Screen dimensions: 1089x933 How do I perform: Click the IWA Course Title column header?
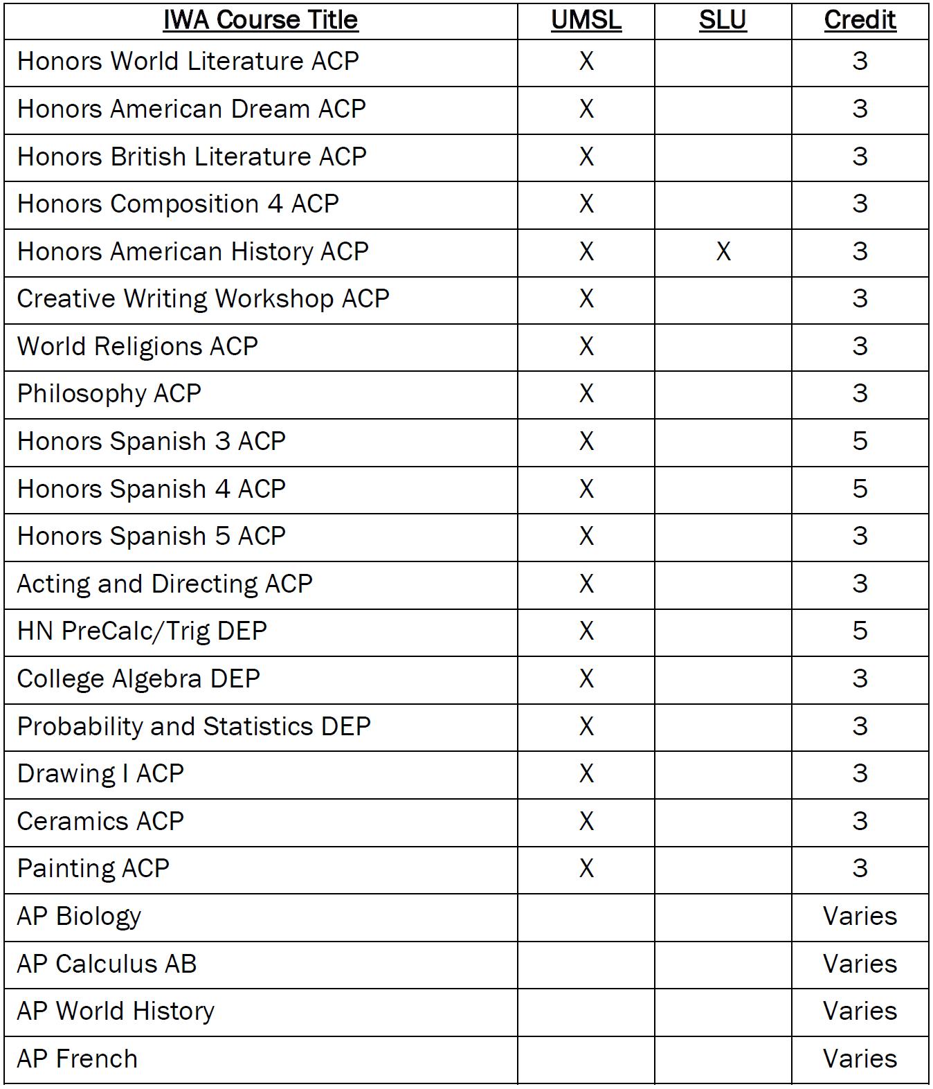click(260, 19)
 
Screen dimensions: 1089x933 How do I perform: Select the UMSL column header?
click(586, 19)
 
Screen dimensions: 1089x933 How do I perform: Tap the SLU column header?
click(722, 19)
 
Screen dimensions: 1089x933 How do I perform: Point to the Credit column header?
click(860, 19)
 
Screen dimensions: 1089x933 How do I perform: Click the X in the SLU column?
click(723, 251)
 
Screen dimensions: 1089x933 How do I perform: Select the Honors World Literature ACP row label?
click(188, 61)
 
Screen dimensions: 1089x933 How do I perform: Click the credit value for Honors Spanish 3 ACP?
click(860, 441)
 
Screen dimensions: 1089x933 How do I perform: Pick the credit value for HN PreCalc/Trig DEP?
click(860, 631)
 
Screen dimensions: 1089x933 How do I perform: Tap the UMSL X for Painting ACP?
click(586, 868)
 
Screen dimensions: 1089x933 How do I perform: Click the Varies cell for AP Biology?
click(860, 916)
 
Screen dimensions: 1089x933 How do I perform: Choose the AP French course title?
click(77, 1059)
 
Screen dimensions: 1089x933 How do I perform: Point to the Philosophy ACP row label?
click(109, 394)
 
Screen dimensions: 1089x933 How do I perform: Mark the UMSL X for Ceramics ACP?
click(586, 821)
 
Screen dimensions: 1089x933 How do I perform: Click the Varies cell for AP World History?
click(860, 1011)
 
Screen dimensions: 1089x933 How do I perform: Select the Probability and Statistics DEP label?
click(194, 726)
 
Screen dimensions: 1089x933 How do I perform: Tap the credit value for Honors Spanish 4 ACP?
click(860, 489)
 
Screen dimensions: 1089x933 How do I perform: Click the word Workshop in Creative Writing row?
click(274, 299)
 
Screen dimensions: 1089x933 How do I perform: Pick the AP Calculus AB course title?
click(107, 964)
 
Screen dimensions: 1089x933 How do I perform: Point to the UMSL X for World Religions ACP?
click(586, 346)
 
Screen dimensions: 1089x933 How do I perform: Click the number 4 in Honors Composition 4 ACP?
click(275, 204)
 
